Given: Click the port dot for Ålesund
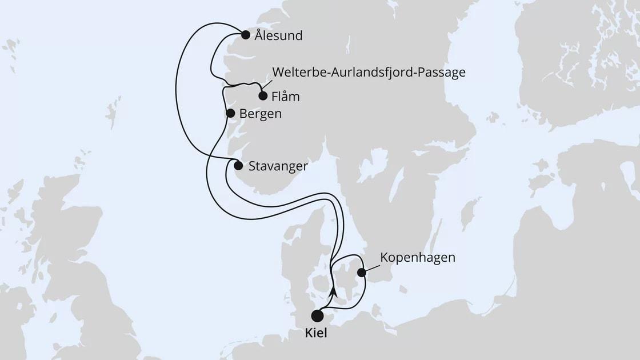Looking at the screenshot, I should pos(246,35).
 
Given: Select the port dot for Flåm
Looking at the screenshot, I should pos(263,96).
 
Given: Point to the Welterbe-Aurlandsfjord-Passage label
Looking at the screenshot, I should pos(369,73).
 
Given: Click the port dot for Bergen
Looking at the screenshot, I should pos(230,113).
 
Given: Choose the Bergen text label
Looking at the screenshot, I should pos(261,114).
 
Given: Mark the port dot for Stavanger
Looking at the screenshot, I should pos(238,166).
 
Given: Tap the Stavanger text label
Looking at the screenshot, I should pos(279,166).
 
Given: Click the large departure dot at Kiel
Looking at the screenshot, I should pos(317,316).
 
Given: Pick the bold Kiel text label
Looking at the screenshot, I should pos(316,333).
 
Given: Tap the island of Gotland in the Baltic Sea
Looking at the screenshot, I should pos(470,216).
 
